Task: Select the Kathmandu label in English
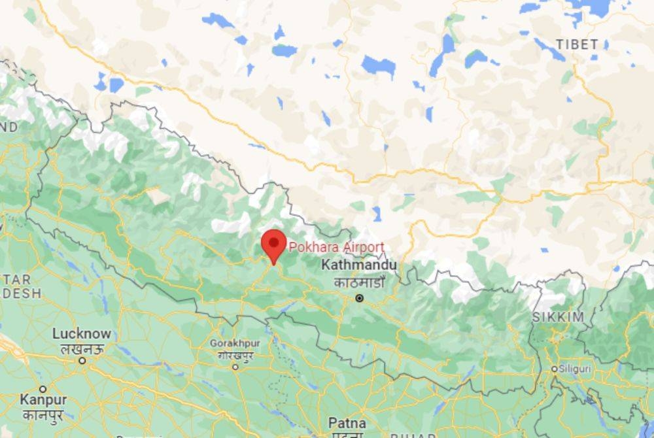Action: pos(359,266)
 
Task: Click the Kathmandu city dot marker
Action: pos(359,298)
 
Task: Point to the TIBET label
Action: pos(576,44)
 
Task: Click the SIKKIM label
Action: pos(558,317)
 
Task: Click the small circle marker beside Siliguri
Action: pos(555,369)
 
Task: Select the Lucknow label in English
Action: pos(82,334)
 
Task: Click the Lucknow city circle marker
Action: pos(82,360)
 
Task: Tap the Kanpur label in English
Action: pos(43,399)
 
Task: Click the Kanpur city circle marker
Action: pos(43,389)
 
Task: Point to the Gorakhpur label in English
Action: pos(235,343)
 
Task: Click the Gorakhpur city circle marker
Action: pos(235,367)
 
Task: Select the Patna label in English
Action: pos(347,422)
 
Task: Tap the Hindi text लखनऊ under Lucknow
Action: pos(82,348)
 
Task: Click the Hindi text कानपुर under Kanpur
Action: pos(43,413)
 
